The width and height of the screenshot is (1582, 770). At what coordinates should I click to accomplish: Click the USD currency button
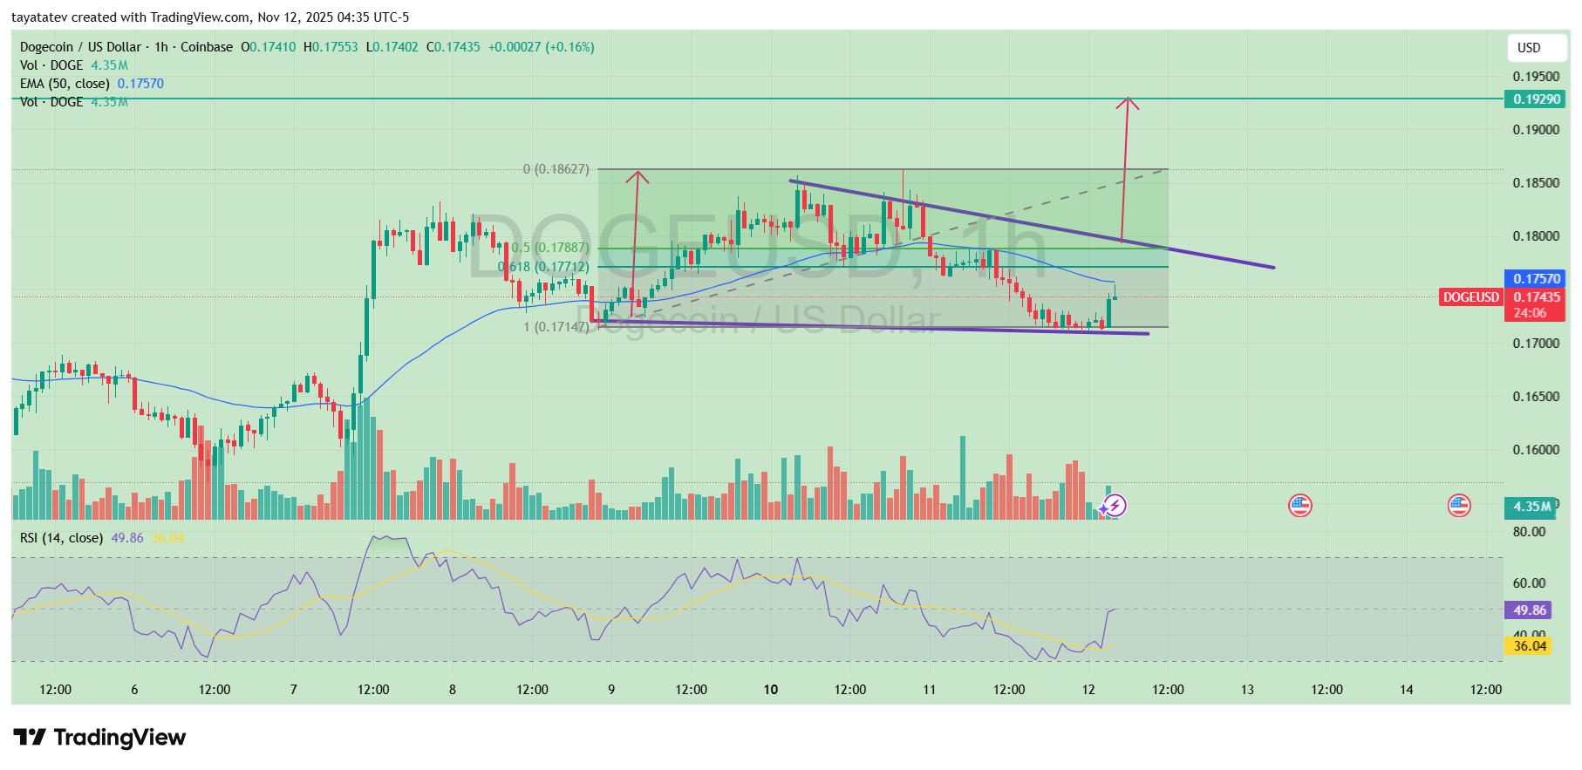[x=1529, y=48]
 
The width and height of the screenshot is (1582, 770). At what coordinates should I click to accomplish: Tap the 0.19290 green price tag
[x=1536, y=99]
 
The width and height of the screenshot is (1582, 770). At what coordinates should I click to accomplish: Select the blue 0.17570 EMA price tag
[x=1536, y=279]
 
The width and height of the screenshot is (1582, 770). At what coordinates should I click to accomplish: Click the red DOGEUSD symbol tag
[x=1470, y=297]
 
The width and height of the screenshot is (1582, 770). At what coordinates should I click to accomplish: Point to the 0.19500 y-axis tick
[x=1536, y=77]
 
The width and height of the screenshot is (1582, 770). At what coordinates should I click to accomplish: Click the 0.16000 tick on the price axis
[x=1536, y=450]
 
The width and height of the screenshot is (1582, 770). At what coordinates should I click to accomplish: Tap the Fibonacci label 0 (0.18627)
[x=556, y=169]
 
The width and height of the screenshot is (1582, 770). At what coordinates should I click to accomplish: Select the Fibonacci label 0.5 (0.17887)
[x=550, y=248]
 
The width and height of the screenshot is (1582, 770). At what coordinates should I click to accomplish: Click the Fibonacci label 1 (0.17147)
[x=556, y=327]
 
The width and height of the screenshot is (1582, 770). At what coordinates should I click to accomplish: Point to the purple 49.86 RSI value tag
[x=1530, y=610]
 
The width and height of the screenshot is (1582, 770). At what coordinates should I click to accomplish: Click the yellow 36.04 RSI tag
[x=1530, y=646]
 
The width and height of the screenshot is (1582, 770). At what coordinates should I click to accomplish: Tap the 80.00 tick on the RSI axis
[x=1529, y=532]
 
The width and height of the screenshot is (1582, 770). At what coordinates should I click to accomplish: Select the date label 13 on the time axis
[x=1247, y=690]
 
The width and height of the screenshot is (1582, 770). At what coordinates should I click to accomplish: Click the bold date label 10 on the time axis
[x=771, y=690]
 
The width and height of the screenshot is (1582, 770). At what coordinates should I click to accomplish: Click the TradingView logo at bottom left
[x=99, y=738]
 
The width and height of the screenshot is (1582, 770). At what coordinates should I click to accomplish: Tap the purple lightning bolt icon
[x=1115, y=506]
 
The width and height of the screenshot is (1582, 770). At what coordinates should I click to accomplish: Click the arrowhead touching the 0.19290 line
[x=1128, y=103]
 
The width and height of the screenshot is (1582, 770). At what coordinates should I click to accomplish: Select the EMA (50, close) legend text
[x=65, y=84]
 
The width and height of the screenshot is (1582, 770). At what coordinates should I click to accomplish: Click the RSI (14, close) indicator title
[x=61, y=538]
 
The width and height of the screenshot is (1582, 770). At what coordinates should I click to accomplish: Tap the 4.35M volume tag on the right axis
[x=1531, y=507]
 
